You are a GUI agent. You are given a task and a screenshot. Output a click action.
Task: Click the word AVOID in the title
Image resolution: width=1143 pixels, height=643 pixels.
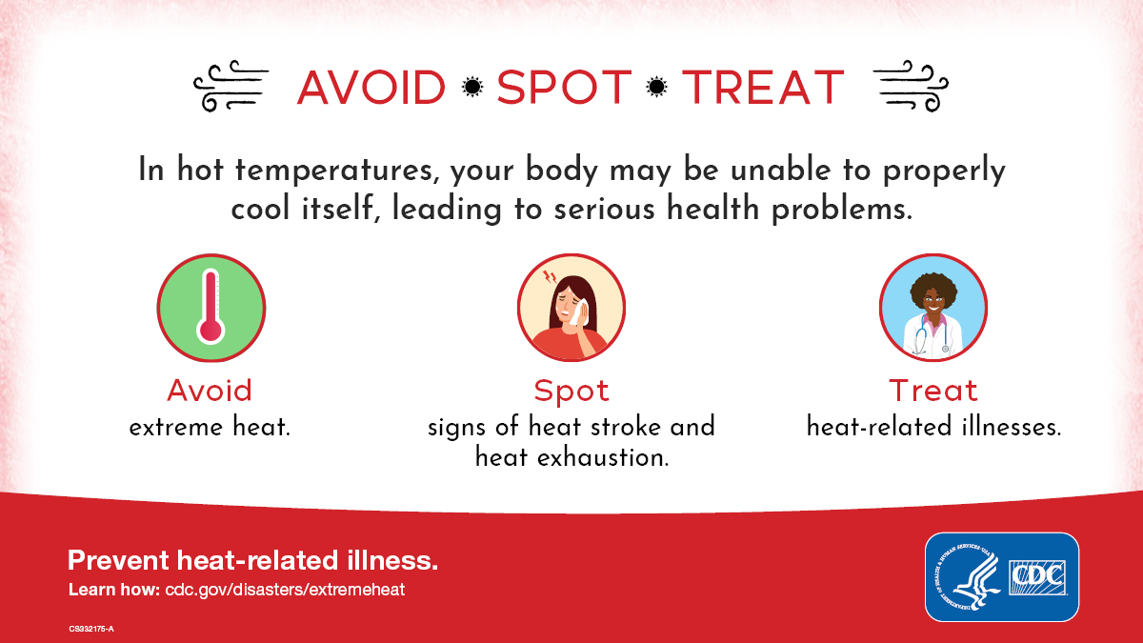(371, 88)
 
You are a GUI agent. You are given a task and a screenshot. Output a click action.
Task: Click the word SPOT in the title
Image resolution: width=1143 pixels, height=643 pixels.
(564, 88)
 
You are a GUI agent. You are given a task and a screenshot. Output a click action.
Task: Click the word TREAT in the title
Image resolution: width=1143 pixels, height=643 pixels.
(763, 88)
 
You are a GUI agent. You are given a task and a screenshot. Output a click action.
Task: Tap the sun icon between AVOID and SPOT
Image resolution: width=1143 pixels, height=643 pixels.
(471, 88)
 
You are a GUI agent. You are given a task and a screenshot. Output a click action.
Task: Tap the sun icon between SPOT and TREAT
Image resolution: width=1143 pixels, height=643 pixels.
(656, 88)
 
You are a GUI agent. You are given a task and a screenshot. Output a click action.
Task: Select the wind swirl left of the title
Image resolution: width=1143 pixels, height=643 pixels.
(231, 87)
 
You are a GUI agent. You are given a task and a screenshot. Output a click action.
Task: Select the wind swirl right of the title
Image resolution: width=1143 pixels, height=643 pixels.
(911, 87)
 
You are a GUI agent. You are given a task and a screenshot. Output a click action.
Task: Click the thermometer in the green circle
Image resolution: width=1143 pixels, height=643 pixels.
(210, 306)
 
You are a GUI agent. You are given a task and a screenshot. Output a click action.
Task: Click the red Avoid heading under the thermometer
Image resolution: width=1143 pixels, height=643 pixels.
(210, 391)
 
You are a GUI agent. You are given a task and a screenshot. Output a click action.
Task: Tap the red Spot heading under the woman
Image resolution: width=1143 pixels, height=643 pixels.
(571, 391)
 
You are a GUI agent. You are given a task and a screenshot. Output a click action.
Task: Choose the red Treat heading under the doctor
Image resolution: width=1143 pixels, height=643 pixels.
(933, 391)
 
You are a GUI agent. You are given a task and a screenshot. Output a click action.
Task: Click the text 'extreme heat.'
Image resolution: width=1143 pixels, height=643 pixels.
(210, 427)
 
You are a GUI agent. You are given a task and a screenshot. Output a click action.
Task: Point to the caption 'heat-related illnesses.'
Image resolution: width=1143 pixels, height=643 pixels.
(933, 427)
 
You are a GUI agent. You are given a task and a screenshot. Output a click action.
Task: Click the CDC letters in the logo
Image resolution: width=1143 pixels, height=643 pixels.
(1039, 575)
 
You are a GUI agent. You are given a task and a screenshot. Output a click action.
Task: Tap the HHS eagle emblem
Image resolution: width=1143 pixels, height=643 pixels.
(964, 575)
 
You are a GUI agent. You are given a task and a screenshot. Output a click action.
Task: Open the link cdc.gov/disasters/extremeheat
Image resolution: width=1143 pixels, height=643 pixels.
(285, 590)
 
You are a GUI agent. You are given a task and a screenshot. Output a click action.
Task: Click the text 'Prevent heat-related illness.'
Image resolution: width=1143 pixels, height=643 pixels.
(252, 560)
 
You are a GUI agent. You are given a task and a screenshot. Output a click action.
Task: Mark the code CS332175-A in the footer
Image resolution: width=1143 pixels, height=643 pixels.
(91, 629)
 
